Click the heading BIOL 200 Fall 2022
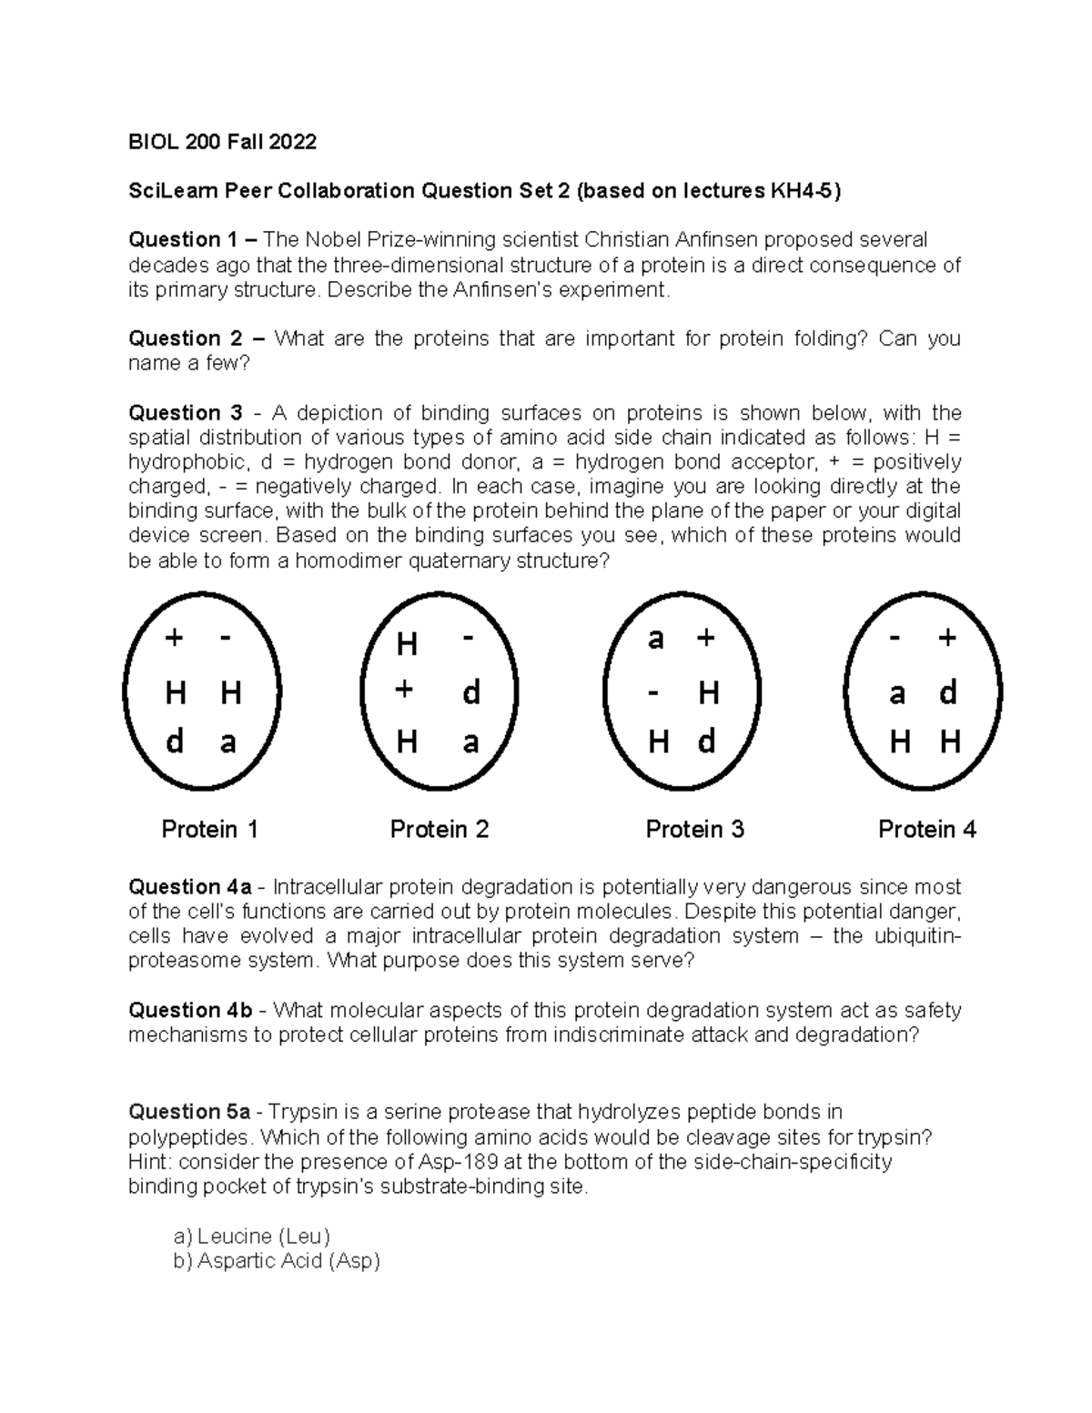[x=222, y=141]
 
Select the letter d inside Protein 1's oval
[x=175, y=742]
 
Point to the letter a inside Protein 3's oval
[x=655, y=640]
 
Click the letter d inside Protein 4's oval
[x=948, y=693]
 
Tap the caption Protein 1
[x=209, y=829]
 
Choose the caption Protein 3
[x=694, y=829]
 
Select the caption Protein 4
[x=926, y=829]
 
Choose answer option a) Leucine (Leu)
[x=251, y=1236]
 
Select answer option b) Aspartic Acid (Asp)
[x=276, y=1261]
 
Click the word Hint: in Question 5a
[x=149, y=1162]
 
